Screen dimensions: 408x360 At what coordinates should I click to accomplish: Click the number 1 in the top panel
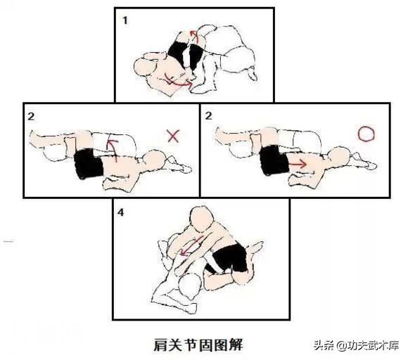click(x=125, y=20)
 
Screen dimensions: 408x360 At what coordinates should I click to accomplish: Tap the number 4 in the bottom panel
click(x=120, y=212)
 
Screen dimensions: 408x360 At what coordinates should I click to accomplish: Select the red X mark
click(x=173, y=136)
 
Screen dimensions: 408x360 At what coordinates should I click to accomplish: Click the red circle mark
click(x=366, y=134)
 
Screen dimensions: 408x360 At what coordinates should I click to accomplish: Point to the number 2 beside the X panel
click(x=31, y=116)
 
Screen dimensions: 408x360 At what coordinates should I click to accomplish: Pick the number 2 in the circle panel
click(x=208, y=115)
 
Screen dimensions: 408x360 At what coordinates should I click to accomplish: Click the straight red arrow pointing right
click(x=298, y=164)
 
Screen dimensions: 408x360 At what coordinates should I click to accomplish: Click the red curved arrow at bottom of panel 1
click(x=178, y=83)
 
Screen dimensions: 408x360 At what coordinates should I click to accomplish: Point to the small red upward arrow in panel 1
click(x=195, y=37)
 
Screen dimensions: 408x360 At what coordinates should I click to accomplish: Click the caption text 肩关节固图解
click(x=198, y=345)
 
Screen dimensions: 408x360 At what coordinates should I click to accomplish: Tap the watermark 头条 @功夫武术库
click(x=356, y=346)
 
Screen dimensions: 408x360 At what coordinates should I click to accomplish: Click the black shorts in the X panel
click(x=89, y=164)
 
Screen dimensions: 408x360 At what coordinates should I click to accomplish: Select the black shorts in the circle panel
click(x=274, y=160)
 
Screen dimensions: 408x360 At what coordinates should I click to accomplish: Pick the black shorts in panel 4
click(x=229, y=258)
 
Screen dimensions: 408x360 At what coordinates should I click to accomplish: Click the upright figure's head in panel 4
click(x=202, y=219)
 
